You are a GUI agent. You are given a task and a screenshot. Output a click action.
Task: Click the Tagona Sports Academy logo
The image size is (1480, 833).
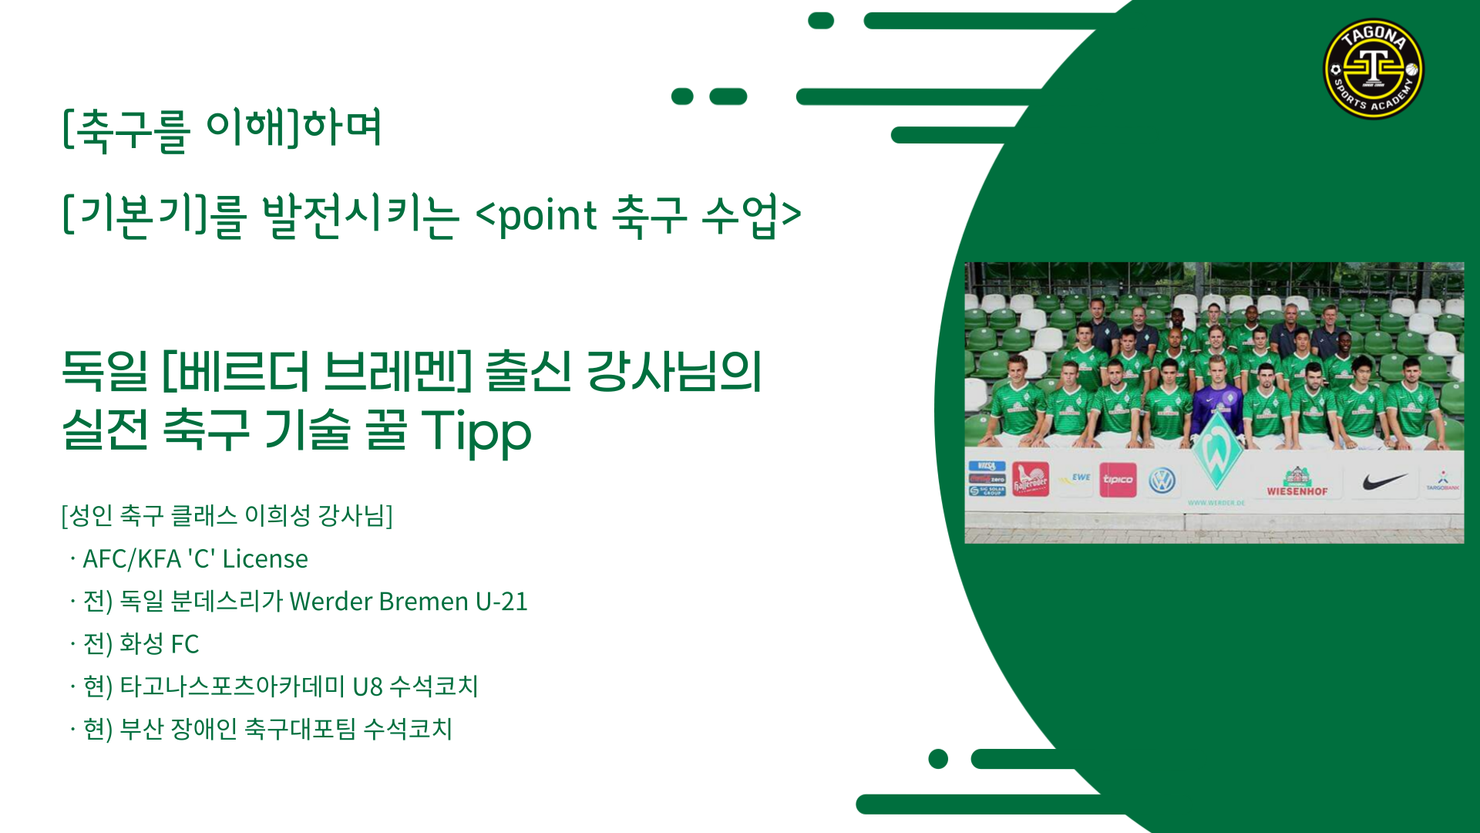tap(1373, 69)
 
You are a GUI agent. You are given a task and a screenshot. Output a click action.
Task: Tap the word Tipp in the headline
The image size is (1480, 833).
tap(476, 430)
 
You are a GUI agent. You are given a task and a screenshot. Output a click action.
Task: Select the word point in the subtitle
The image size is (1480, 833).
tap(547, 215)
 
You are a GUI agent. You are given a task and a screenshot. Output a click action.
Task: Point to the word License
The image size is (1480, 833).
tap(265, 558)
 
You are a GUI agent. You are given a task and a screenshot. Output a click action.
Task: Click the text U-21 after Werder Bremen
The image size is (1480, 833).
tap(502, 601)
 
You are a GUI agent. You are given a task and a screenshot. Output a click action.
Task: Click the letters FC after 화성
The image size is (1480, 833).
tap(185, 644)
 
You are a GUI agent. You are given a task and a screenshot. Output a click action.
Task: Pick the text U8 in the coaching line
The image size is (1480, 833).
tap(368, 686)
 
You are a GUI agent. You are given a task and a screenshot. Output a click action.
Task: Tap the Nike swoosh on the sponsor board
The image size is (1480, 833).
tap(1384, 481)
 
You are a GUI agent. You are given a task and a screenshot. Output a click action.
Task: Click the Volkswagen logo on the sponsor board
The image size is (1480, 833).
tap(1162, 481)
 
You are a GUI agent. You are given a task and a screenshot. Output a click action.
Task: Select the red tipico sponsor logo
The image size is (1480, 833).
tap(1118, 480)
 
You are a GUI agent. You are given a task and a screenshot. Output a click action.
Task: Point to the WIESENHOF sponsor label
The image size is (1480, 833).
tap(1297, 491)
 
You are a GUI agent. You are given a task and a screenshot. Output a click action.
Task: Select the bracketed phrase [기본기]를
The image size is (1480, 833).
tap(154, 215)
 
